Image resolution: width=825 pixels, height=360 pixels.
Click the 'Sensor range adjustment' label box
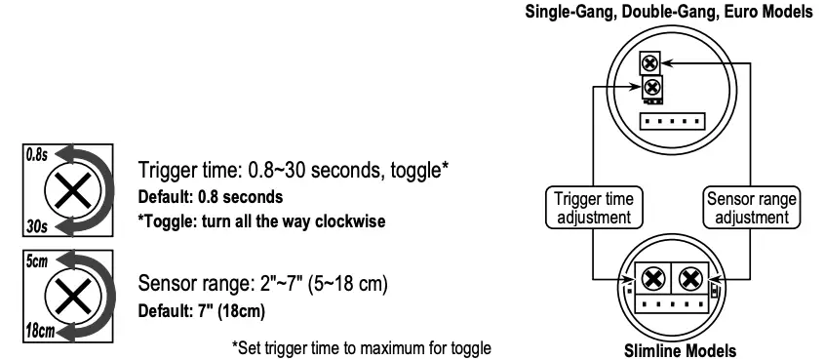coord(750,208)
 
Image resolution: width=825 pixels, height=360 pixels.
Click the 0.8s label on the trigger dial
coord(36,155)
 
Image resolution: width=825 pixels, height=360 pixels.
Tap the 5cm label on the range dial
coord(36,262)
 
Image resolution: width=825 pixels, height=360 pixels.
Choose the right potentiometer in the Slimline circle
coord(690,279)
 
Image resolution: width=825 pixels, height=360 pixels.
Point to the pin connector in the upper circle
coord(671,122)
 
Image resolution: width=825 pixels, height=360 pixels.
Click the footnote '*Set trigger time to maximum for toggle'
coord(361,347)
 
